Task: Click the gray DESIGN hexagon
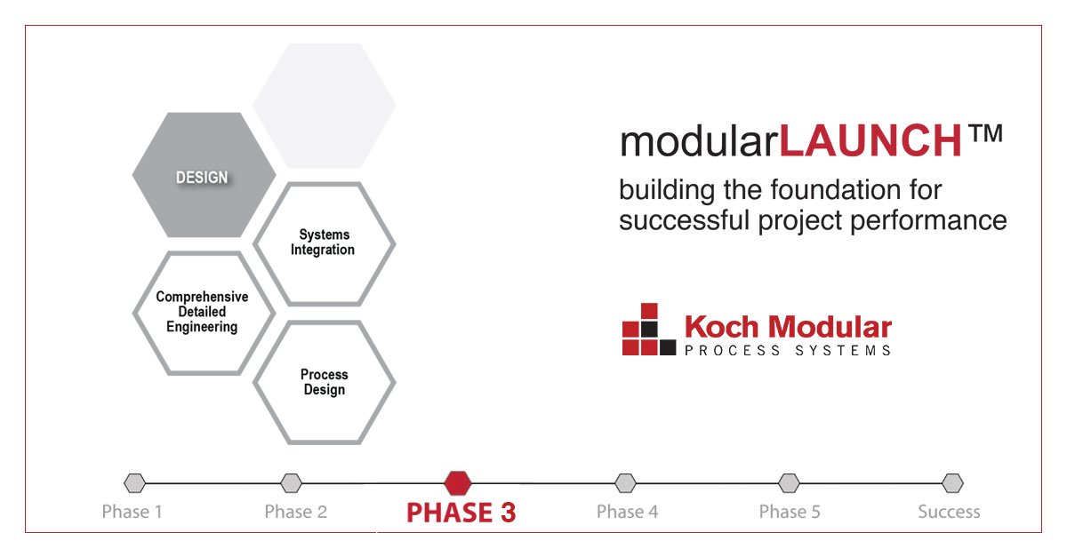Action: coord(203,176)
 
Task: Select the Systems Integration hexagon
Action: coord(325,243)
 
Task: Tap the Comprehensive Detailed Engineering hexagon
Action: coord(202,312)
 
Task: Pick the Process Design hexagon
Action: coord(324,382)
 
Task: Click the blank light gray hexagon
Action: coord(324,106)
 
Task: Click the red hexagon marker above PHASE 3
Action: coord(458,482)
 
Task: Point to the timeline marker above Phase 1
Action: coord(134,483)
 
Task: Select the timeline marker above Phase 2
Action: coord(291,483)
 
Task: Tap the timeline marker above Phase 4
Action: coord(626,483)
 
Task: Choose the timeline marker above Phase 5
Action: coord(789,483)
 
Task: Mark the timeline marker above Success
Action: coord(952,483)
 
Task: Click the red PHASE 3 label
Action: coord(461,513)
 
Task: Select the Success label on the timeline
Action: coord(949,512)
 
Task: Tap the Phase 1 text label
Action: coord(132,512)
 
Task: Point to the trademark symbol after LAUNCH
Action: coord(985,135)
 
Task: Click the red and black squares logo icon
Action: coord(648,330)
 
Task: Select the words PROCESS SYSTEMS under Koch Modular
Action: coord(788,350)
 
